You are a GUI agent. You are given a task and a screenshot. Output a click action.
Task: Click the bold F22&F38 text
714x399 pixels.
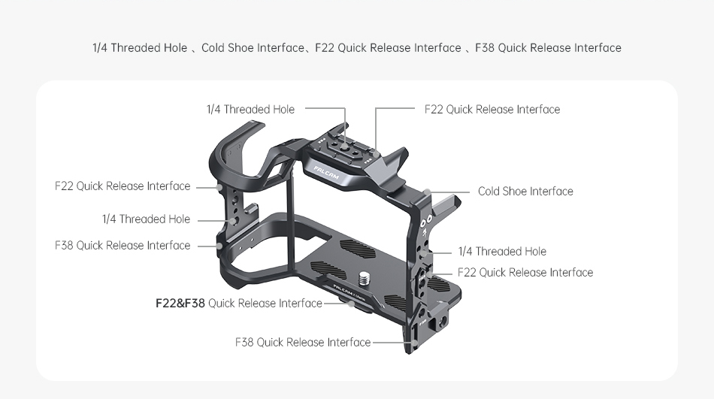tap(180, 304)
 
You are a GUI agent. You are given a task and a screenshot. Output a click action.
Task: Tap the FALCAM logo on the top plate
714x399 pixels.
tap(326, 173)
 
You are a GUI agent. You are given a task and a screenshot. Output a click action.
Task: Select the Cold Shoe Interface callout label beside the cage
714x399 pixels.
tap(525, 192)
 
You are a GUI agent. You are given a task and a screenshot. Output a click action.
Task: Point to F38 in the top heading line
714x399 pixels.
tap(485, 48)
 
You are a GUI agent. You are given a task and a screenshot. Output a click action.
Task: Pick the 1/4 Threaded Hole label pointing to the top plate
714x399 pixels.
tap(250, 109)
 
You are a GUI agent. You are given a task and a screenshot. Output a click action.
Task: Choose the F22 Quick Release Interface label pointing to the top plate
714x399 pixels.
tap(492, 109)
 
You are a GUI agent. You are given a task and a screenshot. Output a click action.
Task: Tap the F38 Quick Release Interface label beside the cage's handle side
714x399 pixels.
tap(123, 246)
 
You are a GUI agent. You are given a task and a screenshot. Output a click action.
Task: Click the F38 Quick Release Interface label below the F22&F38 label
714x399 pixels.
tap(303, 342)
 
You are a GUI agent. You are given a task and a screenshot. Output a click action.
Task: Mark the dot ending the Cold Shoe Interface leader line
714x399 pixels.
tap(427, 192)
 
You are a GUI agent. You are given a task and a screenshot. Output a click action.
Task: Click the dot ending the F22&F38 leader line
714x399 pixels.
tap(350, 304)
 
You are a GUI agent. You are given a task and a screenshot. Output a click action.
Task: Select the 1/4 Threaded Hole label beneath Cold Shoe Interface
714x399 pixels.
tap(502, 252)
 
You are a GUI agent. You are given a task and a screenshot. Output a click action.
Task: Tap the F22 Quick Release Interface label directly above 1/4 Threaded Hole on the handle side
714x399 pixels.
tap(123, 186)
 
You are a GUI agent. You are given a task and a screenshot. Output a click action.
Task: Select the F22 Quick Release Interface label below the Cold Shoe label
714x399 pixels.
tap(525, 272)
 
